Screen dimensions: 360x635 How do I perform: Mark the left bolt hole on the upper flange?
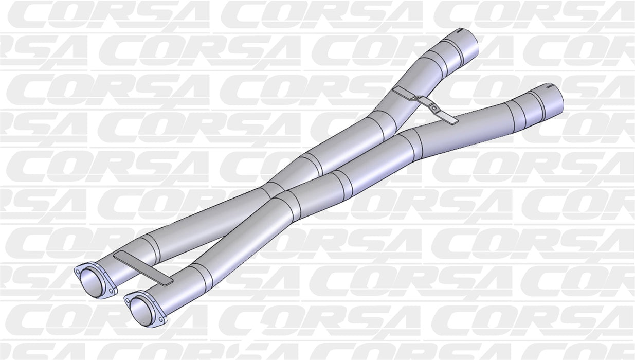click(x=78, y=269)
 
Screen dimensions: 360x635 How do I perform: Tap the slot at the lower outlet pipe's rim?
click(x=550, y=87)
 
